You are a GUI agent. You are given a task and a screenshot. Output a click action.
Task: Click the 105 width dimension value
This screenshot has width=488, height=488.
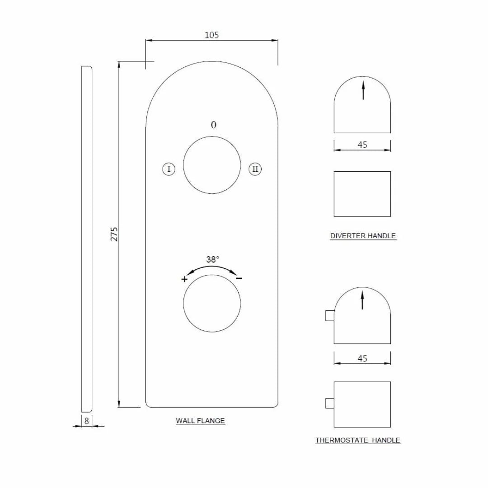(211, 35)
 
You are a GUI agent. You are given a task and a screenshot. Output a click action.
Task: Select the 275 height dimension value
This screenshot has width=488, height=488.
(114, 234)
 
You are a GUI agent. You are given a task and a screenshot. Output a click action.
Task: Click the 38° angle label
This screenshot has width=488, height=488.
(213, 259)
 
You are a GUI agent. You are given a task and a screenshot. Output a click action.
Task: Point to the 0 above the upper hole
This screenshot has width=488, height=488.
(214, 125)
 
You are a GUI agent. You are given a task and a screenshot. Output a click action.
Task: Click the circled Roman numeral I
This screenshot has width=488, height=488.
(169, 169)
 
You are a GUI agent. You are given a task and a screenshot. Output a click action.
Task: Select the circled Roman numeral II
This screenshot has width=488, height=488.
(255, 169)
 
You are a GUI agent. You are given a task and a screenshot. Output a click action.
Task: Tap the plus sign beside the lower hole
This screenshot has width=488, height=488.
(184, 279)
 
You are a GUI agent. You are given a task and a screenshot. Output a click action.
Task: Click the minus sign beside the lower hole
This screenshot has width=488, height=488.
(239, 278)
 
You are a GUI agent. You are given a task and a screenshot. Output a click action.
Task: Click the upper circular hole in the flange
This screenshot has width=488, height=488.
(211, 165)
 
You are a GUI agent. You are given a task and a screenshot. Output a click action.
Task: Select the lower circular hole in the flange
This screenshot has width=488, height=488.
(211, 304)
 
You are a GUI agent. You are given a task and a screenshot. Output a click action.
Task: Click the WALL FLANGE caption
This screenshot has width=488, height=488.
(200, 421)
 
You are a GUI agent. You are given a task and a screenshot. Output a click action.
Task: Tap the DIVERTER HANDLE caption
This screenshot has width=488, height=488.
(363, 235)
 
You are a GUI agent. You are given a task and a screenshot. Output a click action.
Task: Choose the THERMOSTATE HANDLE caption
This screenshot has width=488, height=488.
(358, 440)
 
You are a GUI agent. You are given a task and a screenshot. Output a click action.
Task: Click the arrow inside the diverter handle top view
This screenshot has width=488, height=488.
(363, 90)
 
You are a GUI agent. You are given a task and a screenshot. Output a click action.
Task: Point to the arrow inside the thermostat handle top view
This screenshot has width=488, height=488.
(362, 300)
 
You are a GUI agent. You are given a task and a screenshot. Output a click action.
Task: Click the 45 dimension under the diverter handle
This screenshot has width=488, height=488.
(362, 145)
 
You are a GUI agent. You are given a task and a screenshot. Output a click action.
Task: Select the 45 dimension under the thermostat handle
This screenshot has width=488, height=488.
(362, 358)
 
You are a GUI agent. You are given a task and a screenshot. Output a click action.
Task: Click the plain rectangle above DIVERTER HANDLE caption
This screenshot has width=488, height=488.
(362, 194)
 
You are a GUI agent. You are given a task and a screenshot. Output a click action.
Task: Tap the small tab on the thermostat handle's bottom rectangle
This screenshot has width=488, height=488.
(329, 403)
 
